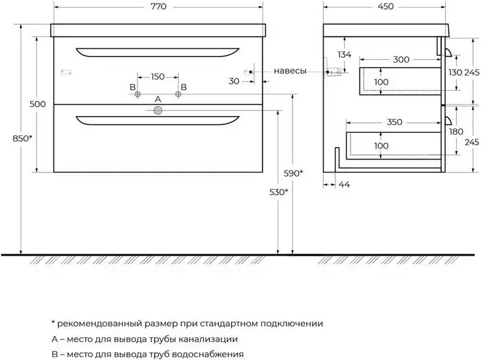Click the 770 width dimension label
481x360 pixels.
[158, 6]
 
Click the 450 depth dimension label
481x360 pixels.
[385, 6]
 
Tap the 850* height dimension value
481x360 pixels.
[22, 139]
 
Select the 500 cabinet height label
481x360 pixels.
[37, 104]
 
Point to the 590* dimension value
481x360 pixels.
[293, 174]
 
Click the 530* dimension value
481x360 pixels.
[278, 192]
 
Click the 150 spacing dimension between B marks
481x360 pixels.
[157, 77]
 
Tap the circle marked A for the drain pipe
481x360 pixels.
[157, 111]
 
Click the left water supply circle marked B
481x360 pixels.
[137, 94]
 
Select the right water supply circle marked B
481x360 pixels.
[178, 94]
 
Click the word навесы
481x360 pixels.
[290, 71]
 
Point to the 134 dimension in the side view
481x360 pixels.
[344, 54]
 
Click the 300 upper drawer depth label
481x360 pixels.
[401, 60]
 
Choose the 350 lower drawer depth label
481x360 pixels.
[394, 122]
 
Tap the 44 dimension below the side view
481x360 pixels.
[344, 185]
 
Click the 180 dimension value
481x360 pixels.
[456, 132]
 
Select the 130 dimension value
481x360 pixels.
[455, 73]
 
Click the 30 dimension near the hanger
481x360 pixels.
[234, 81]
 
